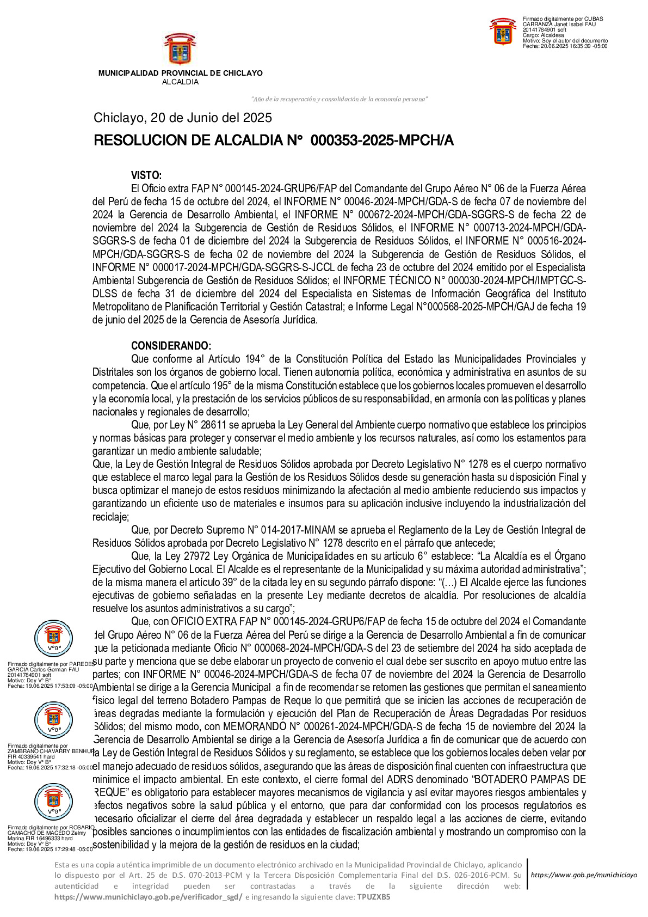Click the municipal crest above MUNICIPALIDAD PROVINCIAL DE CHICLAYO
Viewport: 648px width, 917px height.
180,50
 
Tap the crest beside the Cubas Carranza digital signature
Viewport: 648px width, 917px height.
503,32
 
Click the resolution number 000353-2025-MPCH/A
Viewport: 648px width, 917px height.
381,140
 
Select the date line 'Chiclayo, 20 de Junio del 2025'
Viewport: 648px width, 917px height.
183,118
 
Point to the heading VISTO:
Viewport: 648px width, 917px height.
146,175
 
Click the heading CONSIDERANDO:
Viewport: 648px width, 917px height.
171,346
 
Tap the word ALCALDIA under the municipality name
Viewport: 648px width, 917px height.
180,82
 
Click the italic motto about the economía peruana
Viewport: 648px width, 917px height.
339,99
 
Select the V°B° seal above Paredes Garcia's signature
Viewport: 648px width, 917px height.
53,638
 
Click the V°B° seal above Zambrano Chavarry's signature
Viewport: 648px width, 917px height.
53,720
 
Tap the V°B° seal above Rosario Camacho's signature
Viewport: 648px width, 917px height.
53,802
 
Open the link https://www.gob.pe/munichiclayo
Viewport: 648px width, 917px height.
583,875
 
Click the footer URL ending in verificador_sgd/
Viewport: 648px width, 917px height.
149,897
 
